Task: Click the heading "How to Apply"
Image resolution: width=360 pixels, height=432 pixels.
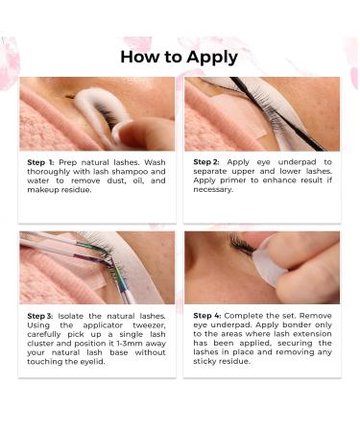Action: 180,57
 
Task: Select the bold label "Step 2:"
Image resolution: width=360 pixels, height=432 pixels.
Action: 210,162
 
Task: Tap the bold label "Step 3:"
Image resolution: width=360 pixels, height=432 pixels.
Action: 42,315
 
